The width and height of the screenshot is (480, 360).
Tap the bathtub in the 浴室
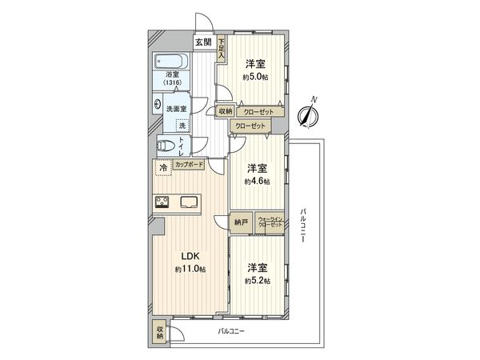click(170, 63)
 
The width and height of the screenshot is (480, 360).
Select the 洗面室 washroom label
click(176, 108)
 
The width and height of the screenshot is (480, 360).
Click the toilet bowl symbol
click(165, 146)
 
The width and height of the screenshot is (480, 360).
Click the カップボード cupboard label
click(189, 165)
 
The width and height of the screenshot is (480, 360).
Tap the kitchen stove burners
click(162, 202)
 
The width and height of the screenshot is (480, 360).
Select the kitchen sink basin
click(192, 202)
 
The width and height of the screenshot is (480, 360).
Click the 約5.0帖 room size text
click(256, 78)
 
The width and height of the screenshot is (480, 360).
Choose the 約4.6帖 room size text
click(257, 182)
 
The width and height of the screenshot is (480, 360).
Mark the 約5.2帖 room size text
click(257, 281)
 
